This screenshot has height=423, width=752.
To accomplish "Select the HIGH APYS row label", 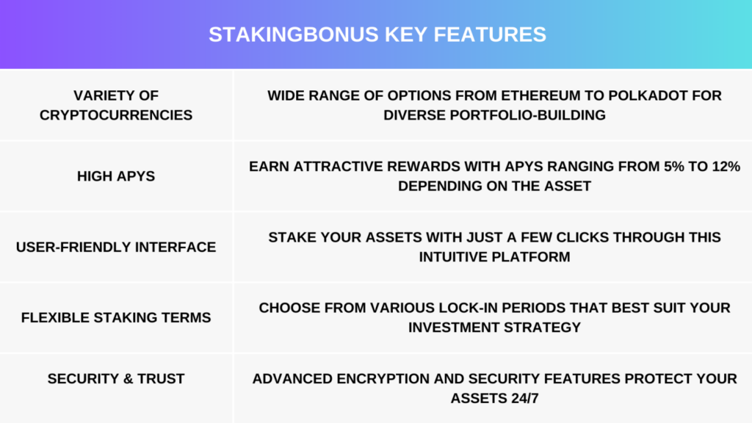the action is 116,176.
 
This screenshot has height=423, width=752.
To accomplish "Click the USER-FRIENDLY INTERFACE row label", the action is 116,247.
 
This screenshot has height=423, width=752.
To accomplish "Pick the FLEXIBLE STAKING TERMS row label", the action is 116,317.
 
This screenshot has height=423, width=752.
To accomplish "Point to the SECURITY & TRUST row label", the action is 116,379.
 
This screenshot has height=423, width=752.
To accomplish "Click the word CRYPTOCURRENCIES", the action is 116,115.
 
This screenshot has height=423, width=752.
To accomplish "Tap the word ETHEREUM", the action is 540,95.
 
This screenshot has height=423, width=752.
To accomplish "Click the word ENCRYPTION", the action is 383,379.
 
